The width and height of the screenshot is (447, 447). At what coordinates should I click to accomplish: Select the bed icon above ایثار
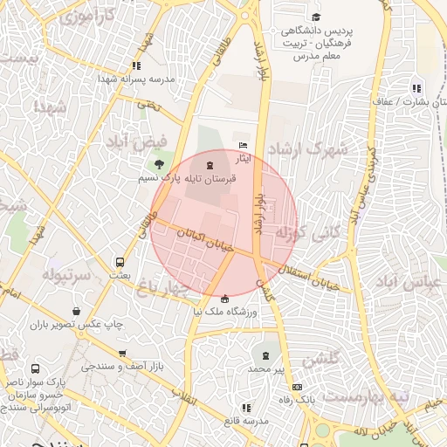[x=244, y=146]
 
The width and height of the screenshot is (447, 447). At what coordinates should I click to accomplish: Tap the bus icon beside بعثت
[x=120, y=262]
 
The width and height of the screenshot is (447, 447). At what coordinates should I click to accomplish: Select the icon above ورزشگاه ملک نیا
[x=226, y=299]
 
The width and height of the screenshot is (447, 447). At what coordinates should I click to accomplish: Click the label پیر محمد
[x=265, y=369]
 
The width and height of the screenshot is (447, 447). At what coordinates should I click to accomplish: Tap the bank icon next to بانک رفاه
[x=298, y=387]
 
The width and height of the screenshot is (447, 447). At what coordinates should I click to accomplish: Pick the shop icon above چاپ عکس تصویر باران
[x=78, y=312]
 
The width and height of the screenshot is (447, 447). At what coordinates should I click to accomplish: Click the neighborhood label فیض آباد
[x=135, y=140]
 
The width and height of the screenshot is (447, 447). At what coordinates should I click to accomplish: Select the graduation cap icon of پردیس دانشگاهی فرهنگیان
[x=315, y=17]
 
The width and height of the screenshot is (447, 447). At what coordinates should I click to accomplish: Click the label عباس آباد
[x=404, y=284]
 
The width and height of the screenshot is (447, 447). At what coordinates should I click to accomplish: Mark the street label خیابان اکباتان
[x=203, y=240]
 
